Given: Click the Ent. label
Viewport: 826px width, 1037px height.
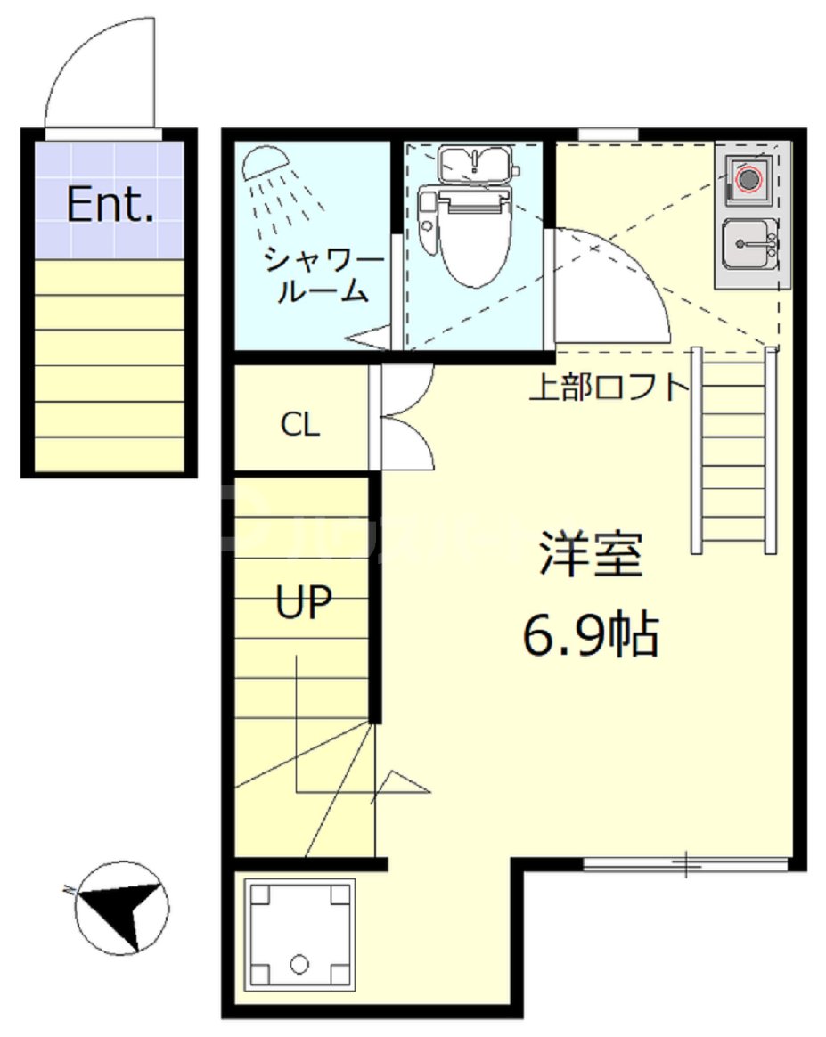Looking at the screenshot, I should (110, 206).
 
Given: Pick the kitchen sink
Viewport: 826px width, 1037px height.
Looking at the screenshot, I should (749, 242).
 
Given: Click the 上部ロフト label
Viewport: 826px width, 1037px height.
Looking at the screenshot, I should (609, 388).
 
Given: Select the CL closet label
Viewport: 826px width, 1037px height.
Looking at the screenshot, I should (299, 426).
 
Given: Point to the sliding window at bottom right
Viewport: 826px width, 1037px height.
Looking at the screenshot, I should (685, 863).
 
